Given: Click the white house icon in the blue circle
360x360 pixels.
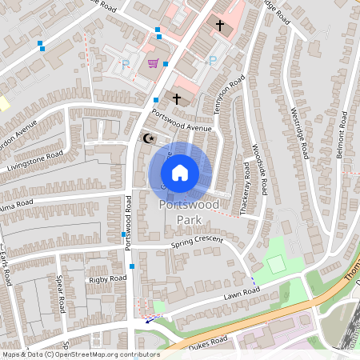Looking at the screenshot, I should point(180,172).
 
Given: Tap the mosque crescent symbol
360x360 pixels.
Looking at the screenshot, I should point(147,138).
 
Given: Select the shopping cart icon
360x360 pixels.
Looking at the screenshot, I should point(153,63).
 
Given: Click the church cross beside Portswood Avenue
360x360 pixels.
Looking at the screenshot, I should point(176,99).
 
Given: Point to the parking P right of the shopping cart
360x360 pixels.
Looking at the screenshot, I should point(212,61).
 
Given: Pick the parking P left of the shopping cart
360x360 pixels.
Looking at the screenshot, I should point(125,63).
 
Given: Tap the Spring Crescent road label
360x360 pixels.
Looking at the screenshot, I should point(197,242).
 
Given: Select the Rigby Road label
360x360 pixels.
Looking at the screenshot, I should point(108,278).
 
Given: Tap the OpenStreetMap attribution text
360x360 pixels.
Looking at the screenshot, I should point(80,354).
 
